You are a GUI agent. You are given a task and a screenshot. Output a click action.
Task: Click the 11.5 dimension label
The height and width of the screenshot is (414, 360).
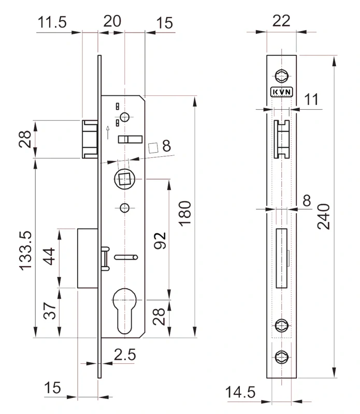pos(52,22)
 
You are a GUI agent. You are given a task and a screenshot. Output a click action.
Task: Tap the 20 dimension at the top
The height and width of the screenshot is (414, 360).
pos(112,21)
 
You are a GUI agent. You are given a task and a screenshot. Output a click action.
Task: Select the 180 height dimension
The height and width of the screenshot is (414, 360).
pos(185,213)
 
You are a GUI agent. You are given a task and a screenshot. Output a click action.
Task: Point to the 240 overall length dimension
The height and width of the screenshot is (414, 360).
pos(324,216)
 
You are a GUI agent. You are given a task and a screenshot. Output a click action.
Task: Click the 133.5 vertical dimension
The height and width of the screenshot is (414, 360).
pos(25,250)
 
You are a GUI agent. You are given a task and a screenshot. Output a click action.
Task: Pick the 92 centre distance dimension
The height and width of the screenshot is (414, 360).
pos(160,241)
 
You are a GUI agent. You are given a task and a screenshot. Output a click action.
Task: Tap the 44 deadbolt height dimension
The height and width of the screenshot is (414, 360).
pos(49,256)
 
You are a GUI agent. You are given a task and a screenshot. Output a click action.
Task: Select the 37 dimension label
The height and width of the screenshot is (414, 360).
pos(49,311)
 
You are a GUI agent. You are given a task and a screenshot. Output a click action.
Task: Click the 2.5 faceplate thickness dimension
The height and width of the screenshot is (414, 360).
pos(125,354)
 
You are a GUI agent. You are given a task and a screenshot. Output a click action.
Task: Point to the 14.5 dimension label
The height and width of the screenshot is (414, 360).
pos(240,392)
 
